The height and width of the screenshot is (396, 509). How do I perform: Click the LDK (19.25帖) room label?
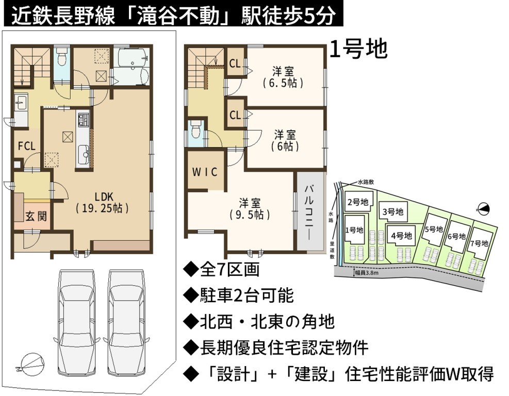[x=103, y=202]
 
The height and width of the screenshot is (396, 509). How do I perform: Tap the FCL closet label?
[x=26, y=146]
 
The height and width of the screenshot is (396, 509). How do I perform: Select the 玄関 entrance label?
[x=36, y=216]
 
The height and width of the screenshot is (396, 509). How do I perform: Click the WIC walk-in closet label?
[x=205, y=172]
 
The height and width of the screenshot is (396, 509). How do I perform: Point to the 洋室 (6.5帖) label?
[x=283, y=77]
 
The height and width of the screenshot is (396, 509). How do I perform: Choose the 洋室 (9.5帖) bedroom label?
[x=250, y=209]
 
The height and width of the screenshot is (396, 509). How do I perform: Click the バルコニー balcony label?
[x=309, y=212]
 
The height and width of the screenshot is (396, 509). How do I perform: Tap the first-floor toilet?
[x=61, y=58]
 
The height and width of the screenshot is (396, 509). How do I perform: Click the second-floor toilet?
[x=196, y=129]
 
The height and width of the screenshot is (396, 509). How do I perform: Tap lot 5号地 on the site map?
[x=434, y=229]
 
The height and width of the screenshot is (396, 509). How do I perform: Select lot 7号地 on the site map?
[x=479, y=243]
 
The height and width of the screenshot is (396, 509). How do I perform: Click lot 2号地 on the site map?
[x=358, y=202]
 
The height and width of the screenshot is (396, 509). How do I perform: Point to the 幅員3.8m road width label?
[x=366, y=273]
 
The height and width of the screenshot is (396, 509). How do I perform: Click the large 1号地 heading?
[x=358, y=49]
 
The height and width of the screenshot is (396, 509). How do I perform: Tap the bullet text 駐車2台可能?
[x=239, y=295]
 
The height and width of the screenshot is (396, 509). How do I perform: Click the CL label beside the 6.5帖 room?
[x=235, y=63]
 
